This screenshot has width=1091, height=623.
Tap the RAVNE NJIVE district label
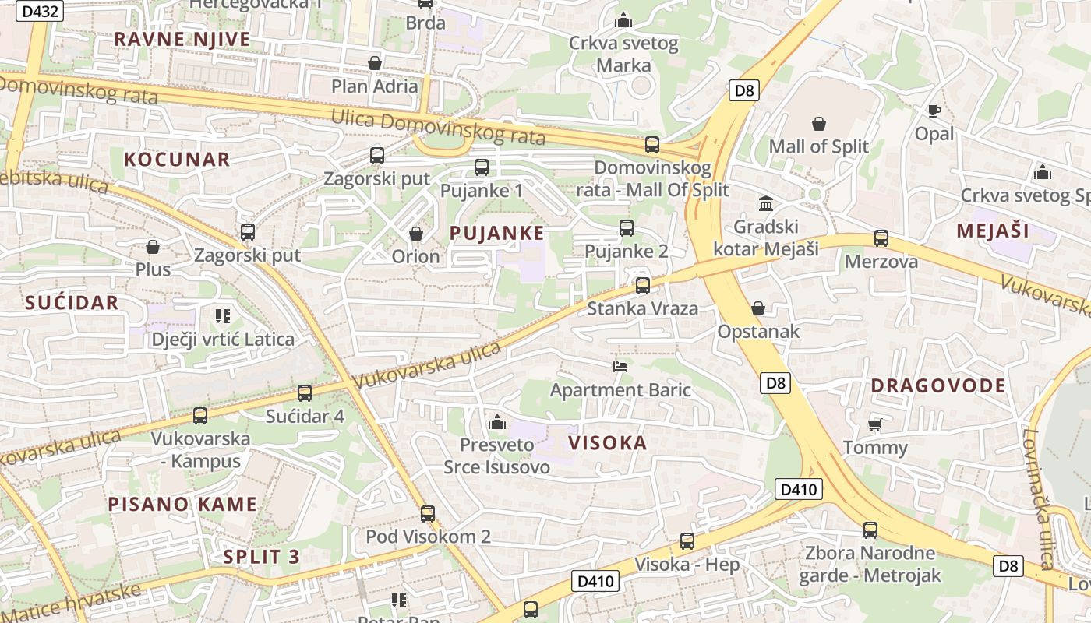(182, 39)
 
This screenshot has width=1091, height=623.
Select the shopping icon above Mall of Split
(819, 124)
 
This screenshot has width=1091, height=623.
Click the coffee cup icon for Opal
(934, 111)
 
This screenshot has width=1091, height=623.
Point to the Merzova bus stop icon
(881, 238)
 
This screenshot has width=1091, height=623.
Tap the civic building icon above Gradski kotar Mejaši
(766, 204)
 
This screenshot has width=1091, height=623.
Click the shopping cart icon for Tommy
(875, 424)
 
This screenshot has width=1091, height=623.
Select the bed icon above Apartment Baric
(620, 366)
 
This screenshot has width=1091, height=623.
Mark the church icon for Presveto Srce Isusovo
(496, 423)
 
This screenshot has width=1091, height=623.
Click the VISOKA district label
(607, 443)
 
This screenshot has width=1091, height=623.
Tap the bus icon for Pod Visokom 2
(428, 514)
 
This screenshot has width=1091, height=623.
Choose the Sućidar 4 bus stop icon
(305, 393)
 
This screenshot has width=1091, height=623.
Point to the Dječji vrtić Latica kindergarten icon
(223, 316)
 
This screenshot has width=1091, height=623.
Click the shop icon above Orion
(416, 234)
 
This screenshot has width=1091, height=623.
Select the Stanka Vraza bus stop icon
(642, 286)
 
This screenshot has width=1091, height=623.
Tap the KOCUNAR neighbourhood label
(177, 160)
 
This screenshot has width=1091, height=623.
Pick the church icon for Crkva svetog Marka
(623, 20)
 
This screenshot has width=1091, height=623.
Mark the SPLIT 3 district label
(261, 556)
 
